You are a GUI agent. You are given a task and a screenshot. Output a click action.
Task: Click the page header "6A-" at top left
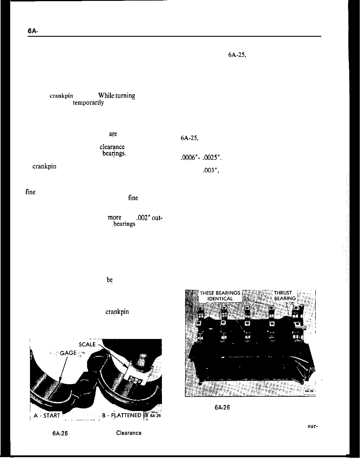32,31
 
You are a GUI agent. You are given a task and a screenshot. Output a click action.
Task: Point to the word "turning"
125,96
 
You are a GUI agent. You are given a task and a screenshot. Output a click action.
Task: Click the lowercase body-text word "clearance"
112,147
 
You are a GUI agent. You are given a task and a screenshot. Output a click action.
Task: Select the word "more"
114,218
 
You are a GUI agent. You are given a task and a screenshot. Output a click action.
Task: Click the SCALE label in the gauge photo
87,344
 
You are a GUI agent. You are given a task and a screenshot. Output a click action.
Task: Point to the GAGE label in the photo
68,353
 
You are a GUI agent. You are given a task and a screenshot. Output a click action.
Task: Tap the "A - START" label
47,415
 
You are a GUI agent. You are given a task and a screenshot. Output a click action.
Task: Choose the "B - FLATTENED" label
122,415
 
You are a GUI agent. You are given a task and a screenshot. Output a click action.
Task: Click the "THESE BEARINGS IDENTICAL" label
220,296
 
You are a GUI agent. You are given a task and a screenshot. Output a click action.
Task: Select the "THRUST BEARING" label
285,296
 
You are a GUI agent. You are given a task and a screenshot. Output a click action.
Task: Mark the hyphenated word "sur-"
312,426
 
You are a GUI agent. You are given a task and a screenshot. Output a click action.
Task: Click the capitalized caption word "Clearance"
129,433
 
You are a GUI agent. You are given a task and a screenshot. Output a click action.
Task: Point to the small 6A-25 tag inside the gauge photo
155,416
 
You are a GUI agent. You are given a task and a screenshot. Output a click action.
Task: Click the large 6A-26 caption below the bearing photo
222,408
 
